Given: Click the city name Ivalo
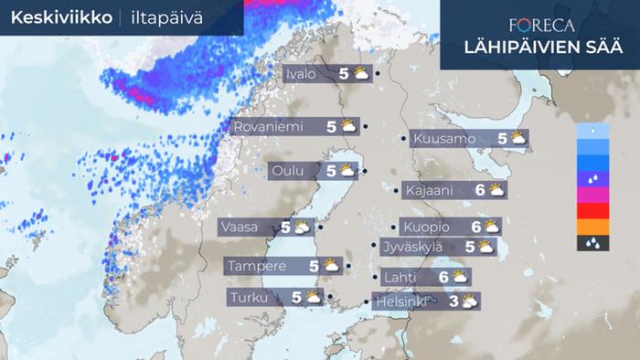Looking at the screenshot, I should tap(302, 74).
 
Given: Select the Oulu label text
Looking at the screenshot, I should tap(291, 170).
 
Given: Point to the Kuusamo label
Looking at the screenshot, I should tap(444, 139).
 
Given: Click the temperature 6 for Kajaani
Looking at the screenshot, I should tap(480, 190).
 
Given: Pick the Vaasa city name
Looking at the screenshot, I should tap(240, 227).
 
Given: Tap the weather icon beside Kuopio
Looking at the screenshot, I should tap(492, 227).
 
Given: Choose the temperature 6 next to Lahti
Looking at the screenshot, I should tap(443, 277).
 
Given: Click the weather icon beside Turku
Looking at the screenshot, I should tap(313, 297).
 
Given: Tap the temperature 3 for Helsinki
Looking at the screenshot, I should tap(454, 301).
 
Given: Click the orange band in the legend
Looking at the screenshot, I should tap(592, 227).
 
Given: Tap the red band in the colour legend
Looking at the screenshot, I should tap(592, 211).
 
